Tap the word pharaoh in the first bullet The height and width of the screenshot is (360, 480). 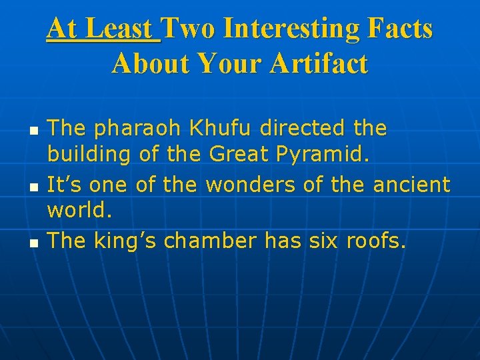tap(130, 129)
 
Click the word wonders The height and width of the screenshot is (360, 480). tap(251, 184)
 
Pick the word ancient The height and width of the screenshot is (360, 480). tap(411, 184)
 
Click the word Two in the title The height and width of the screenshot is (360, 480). tap(187, 29)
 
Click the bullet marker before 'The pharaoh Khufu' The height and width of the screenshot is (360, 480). tap(33, 129)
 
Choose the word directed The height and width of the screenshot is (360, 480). tap(303, 127)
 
